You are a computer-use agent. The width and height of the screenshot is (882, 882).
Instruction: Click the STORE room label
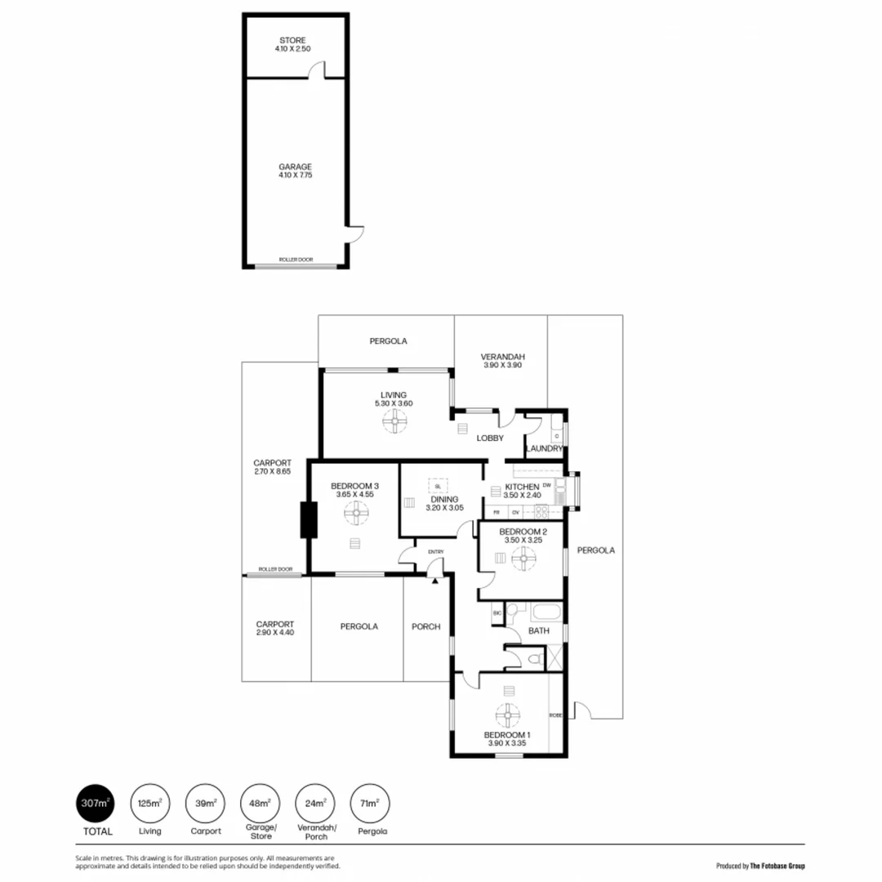[292, 44]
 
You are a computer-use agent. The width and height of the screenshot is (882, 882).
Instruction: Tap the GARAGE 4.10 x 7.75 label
[295, 171]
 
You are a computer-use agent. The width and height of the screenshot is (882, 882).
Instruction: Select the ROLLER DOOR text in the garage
[296, 260]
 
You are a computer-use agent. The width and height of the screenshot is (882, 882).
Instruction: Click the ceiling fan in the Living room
[394, 421]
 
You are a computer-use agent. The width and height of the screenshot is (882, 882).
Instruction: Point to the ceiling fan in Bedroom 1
[508, 715]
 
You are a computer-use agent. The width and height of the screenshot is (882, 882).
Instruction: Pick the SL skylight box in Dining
[438, 485]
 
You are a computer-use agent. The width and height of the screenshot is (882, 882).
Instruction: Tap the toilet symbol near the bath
[535, 658]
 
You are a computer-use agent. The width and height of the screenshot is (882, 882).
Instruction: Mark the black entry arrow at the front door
[435, 580]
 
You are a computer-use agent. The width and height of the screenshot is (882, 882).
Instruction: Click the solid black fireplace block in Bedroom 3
[309, 519]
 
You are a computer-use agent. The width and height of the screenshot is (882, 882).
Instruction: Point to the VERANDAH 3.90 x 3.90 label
[501, 361]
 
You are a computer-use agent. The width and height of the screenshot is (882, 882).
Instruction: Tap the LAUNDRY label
[543, 448]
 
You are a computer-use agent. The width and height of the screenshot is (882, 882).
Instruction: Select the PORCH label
[425, 626]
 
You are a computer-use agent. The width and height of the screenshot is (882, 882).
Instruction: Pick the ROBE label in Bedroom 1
[555, 715]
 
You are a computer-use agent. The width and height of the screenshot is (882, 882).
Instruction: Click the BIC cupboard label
[496, 612]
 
